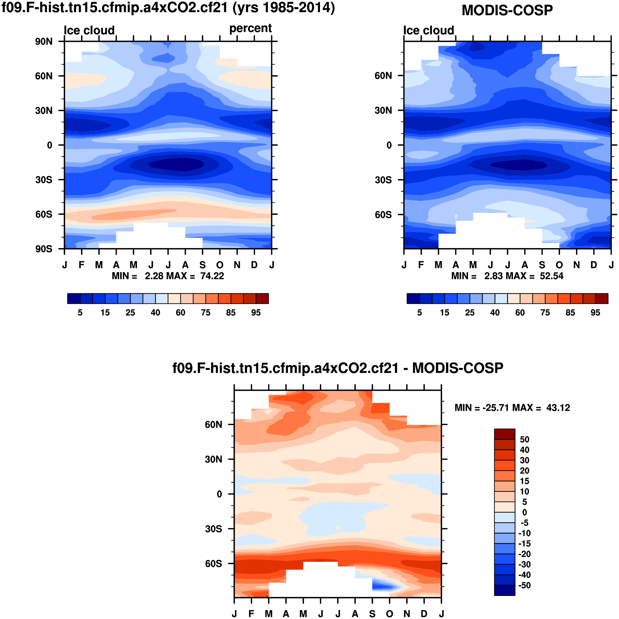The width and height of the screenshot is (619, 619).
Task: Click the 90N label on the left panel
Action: (x=44, y=42)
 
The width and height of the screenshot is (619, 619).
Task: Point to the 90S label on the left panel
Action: (x=44, y=249)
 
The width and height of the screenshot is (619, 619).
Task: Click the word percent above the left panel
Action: (x=250, y=28)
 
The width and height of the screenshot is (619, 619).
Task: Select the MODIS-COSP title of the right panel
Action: (x=507, y=10)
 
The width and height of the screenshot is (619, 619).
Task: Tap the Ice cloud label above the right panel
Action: (x=428, y=31)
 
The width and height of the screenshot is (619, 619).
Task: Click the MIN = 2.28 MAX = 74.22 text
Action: (x=168, y=276)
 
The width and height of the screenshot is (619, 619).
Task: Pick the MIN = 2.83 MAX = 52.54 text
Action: (x=507, y=276)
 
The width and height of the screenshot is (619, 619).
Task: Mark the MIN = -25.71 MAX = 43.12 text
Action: (x=512, y=408)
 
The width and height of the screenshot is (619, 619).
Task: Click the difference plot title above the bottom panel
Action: (x=338, y=368)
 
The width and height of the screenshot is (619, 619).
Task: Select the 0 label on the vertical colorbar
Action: (x=524, y=512)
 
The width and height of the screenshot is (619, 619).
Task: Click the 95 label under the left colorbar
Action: (x=256, y=313)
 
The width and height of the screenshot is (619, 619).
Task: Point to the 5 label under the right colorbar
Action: (x=419, y=313)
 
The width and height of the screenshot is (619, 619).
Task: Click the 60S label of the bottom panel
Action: (x=213, y=564)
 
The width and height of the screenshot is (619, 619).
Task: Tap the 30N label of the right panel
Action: (x=383, y=111)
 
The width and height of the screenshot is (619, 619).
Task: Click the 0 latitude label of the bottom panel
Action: (x=219, y=494)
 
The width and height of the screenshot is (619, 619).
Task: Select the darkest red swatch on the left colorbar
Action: (x=262, y=299)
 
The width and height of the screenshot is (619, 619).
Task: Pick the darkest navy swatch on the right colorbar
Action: (x=413, y=299)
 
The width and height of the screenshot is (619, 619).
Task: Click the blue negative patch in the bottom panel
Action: (x=384, y=587)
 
